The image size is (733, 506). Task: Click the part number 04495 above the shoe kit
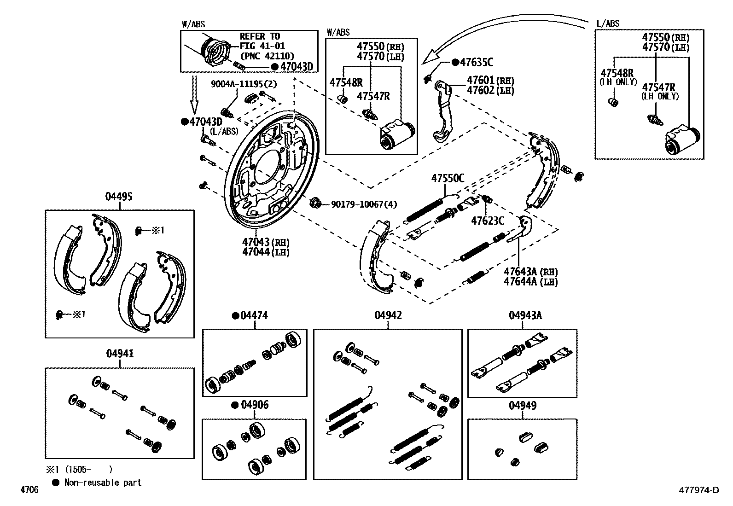pos(119,197)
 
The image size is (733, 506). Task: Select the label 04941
pos(120,354)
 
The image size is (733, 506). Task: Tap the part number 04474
pos(254,315)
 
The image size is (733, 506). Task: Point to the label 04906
pos(255,405)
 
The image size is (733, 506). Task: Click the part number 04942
pos(388,315)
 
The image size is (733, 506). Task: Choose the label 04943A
pos(525,315)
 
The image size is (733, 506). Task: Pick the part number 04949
pos(522,406)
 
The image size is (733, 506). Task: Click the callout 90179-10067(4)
pos(364,204)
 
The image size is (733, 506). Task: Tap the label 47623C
pos(487,221)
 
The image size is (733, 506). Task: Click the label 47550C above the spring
pos(447,178)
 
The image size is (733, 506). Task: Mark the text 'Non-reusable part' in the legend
pos(103,483)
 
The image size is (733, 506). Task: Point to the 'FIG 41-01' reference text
pos(262,46)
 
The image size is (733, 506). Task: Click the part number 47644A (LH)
pos(530,281)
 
